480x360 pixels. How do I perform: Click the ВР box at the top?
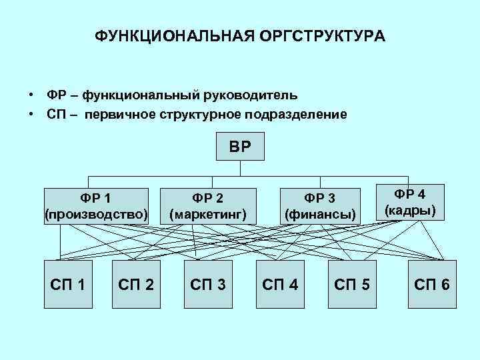(x=241, y=147)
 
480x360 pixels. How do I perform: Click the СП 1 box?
(x=68, y=285)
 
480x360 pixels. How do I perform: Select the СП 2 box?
(x=136, y=285)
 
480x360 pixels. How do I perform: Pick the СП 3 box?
(x=208, y=285)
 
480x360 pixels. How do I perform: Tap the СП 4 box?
(x=280, y=285)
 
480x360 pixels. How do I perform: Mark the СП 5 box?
(x=352, y=285)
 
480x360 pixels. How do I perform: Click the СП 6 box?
(x=431, y=285)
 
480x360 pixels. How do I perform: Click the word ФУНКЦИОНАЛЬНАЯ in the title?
(x=167, y=35)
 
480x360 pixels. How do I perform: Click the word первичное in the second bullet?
(x=119, y=114)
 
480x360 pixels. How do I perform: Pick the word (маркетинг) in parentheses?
(x=208, y=215)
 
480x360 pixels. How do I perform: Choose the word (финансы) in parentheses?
(x=321, y=215)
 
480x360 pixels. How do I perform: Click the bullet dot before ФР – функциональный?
(x=31, y=95)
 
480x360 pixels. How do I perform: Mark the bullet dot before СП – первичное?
(x=31, y=114)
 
